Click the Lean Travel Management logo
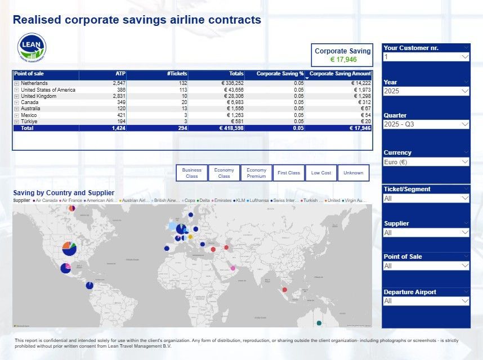tap(32, 47)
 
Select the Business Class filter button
tap(191, 173)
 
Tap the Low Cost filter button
tap(321, 173)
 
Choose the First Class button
tap(289, 173)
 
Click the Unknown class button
tap(354, 173)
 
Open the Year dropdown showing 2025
tap(426, 91)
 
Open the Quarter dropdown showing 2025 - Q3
tap(426, 124)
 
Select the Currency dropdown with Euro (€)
tap(426, 162)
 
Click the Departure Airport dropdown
tap(426, 301)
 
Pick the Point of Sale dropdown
tap(426, 266)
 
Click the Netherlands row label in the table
tap(34, 83)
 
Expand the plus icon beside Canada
tap(16, 102)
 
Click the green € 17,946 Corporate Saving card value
tap(343, 60)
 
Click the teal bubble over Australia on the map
tap(319, 323)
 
